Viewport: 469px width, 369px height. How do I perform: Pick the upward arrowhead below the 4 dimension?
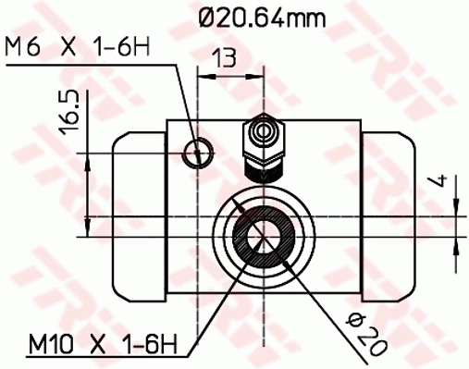(458, 242)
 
